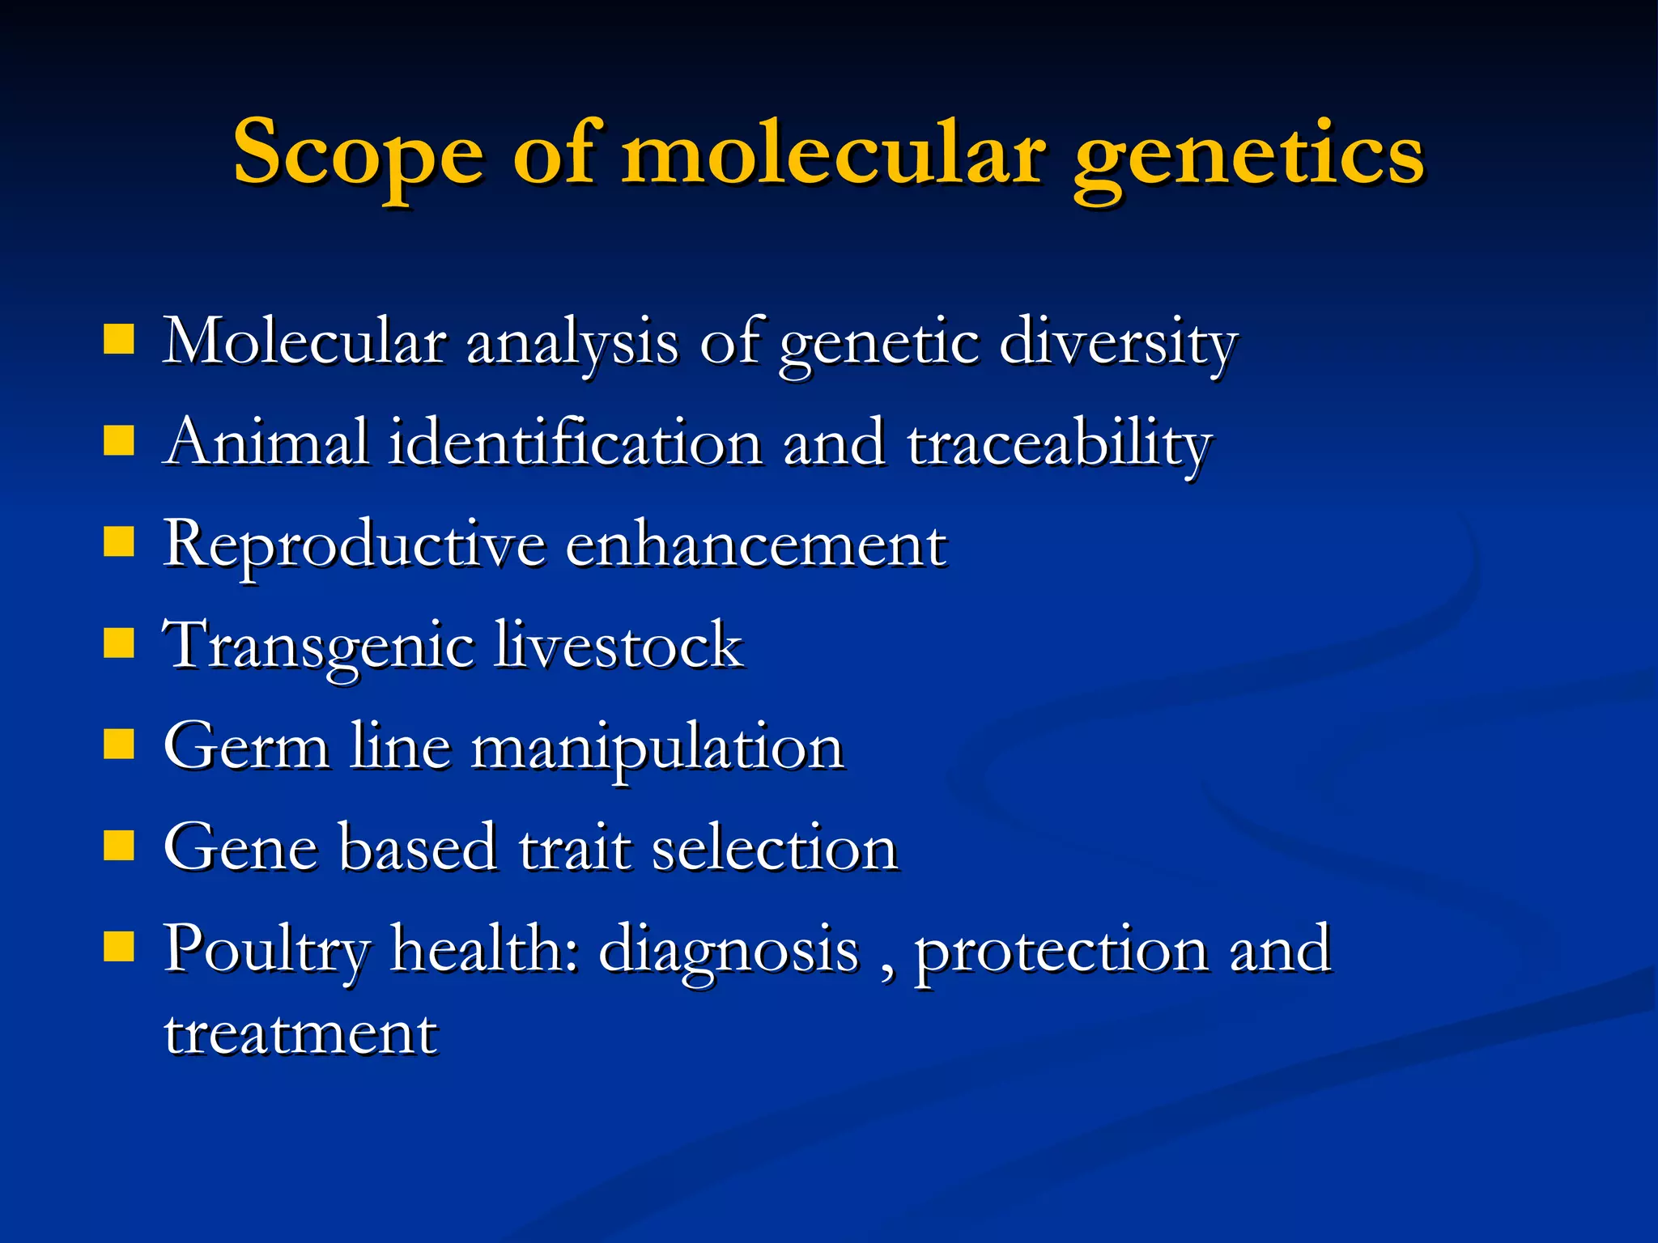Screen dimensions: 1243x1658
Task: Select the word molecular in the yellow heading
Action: (833, 152)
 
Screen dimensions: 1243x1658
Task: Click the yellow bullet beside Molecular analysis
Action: (119, 340)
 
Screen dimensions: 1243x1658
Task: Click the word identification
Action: (575, 443)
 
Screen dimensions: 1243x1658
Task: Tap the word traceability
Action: (1059, 443)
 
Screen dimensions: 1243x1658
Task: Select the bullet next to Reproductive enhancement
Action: (119, 542)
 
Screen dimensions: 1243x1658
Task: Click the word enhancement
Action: (755, 544)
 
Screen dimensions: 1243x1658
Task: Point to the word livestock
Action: (619, 645)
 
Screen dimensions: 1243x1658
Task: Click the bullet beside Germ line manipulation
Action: (119, 744)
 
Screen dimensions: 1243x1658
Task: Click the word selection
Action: (775, 847)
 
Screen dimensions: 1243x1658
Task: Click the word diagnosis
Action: (729, 949)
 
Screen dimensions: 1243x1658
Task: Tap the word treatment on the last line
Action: (300, 1033)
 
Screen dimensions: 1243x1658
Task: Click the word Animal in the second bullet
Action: (266, 443)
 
